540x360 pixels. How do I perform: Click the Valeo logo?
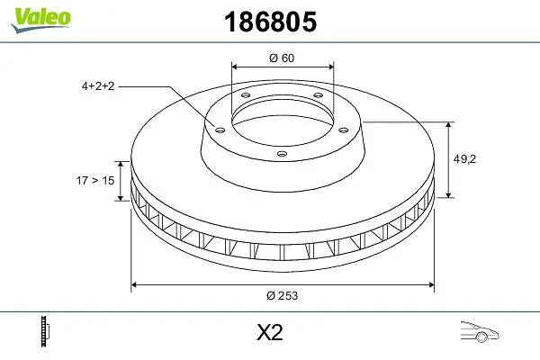pyautogui.click(x=40, y=20)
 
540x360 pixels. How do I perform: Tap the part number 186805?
pyautogui.click(x=270, y=22)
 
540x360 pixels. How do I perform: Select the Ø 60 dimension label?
pyautogui.click(x=282, y=58)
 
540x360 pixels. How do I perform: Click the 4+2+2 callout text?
pyautogui.click(x=98, y=85)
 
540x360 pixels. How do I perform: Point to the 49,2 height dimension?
pyautogui.click(x=464, y=158)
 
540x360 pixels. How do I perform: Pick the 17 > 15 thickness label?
pyautogui.click(x=95, y=180)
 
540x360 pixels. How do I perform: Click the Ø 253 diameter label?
pyautogui.click(x=282, y=295)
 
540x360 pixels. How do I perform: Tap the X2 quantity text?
pyautogui.click(x=270, y=332)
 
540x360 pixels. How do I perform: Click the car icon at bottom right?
pyautogui.click(x=480, y=332)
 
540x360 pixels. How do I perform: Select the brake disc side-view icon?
pyautogui.click(x=45, y=331)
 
